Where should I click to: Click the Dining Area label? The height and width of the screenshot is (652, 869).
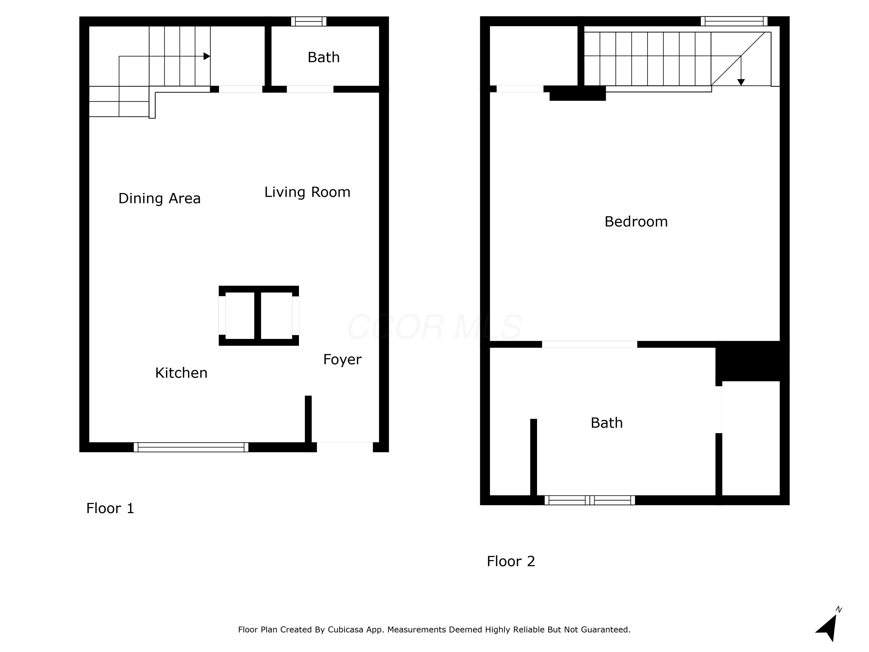160,198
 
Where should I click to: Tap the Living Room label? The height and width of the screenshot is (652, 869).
307,192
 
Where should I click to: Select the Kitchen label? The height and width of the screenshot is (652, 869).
181,373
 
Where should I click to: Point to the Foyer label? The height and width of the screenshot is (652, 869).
342,360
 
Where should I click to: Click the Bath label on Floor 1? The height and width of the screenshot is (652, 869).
323,57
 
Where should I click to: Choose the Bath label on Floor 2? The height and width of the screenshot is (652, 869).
607,423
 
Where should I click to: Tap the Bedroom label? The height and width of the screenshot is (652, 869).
636,222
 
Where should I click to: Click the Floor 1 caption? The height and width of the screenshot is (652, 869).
110,508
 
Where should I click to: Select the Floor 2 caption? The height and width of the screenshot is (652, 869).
511,561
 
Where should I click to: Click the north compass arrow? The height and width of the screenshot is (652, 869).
827,628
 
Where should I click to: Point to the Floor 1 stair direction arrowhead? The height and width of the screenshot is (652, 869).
207,56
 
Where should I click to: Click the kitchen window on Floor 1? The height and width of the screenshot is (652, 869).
191,447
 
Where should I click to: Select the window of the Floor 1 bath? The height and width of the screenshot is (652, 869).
309,21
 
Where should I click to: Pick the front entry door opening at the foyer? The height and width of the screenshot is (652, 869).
345,447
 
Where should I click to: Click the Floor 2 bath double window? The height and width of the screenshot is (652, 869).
590,500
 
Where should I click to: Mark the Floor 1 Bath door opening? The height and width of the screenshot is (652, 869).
310,89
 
